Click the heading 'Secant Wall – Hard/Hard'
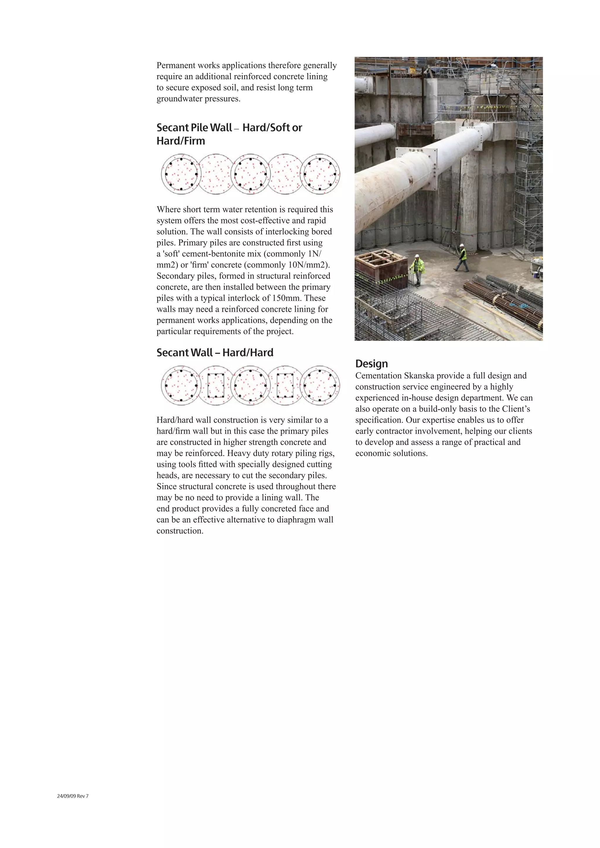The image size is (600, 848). coord(215,353)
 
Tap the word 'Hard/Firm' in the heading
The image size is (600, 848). coord(181,141)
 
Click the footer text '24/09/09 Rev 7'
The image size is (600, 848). coord(73,796)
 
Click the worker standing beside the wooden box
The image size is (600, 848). coord(417,270)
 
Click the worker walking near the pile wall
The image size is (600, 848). coord(462,257)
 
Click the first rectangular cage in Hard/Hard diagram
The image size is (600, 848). coord(216,386)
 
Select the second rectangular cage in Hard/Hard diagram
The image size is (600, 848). coord(285,386)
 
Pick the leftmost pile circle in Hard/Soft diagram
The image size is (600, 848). coord(181,174)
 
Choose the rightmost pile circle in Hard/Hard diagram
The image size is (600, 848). coord(320,386)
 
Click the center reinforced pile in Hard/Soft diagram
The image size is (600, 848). coord(250,174)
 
